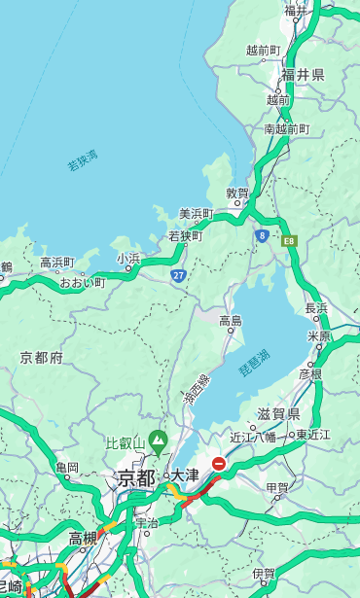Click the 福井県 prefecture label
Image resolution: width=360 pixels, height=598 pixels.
pos(304,75)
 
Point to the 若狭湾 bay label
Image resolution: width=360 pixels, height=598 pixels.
pos(83,160)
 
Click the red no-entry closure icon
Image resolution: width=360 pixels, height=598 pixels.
pos(220,465)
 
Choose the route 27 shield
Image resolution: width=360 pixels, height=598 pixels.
pos(179,275)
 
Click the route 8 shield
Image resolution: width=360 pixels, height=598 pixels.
pos(263,235)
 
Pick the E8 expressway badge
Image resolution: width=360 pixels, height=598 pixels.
pos(289,239)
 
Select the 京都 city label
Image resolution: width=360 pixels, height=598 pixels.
pos(135,477)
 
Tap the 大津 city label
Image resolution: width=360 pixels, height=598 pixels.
pos(185,475)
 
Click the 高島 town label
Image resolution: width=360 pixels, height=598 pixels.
pos(231,320)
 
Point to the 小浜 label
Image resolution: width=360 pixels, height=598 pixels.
pos(128,258)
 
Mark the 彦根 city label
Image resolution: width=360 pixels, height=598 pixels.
pos(310,372)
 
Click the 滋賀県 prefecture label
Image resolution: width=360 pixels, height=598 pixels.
pos(277,414)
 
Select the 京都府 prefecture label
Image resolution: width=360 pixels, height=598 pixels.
pos(42,357)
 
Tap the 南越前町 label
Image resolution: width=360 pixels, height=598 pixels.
pos(286,128)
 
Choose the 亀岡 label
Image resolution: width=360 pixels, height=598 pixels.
pos(67,468)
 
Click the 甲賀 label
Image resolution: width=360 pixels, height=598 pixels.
pos(277,488)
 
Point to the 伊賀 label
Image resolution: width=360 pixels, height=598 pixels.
pos(263,574)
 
